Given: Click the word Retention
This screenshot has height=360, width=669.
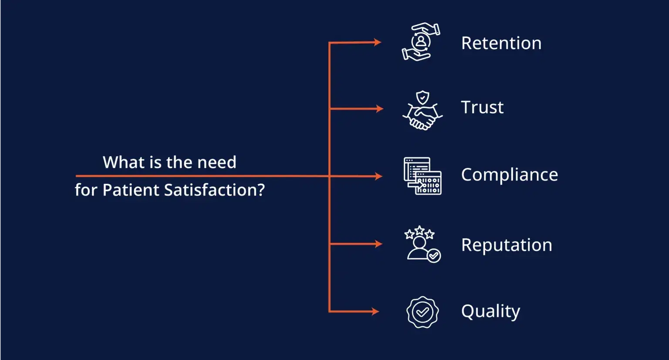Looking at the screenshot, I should [x=501, y=43].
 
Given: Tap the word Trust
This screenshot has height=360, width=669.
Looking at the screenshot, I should [x=482, y=107].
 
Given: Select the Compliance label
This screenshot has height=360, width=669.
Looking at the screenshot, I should [x=509, y=175].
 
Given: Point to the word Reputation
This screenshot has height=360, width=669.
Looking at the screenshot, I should [x=507, y=245].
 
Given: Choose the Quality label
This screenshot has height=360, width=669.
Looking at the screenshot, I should [x=490, y=311].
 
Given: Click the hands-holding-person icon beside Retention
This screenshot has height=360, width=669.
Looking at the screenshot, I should [x=421, y=42].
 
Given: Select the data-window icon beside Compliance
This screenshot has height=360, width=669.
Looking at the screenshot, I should [x=422, y=176].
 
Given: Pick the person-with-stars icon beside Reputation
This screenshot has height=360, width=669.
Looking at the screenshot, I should [x=422, y=244].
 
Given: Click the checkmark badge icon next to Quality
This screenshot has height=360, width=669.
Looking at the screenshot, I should [x=422, y=312].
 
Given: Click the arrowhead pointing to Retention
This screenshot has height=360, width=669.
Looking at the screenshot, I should [x=377, y=42].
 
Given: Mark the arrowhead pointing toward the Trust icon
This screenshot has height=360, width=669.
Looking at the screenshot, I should [x=379, y=108].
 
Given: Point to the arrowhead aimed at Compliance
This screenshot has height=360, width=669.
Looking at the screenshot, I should [x=378, y=176].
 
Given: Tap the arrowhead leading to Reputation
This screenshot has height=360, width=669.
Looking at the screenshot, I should [x=378, y=244].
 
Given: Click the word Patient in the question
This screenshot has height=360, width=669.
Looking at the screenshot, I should [x=131, y=190].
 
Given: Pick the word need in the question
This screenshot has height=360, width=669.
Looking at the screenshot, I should [x=216, y=162].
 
